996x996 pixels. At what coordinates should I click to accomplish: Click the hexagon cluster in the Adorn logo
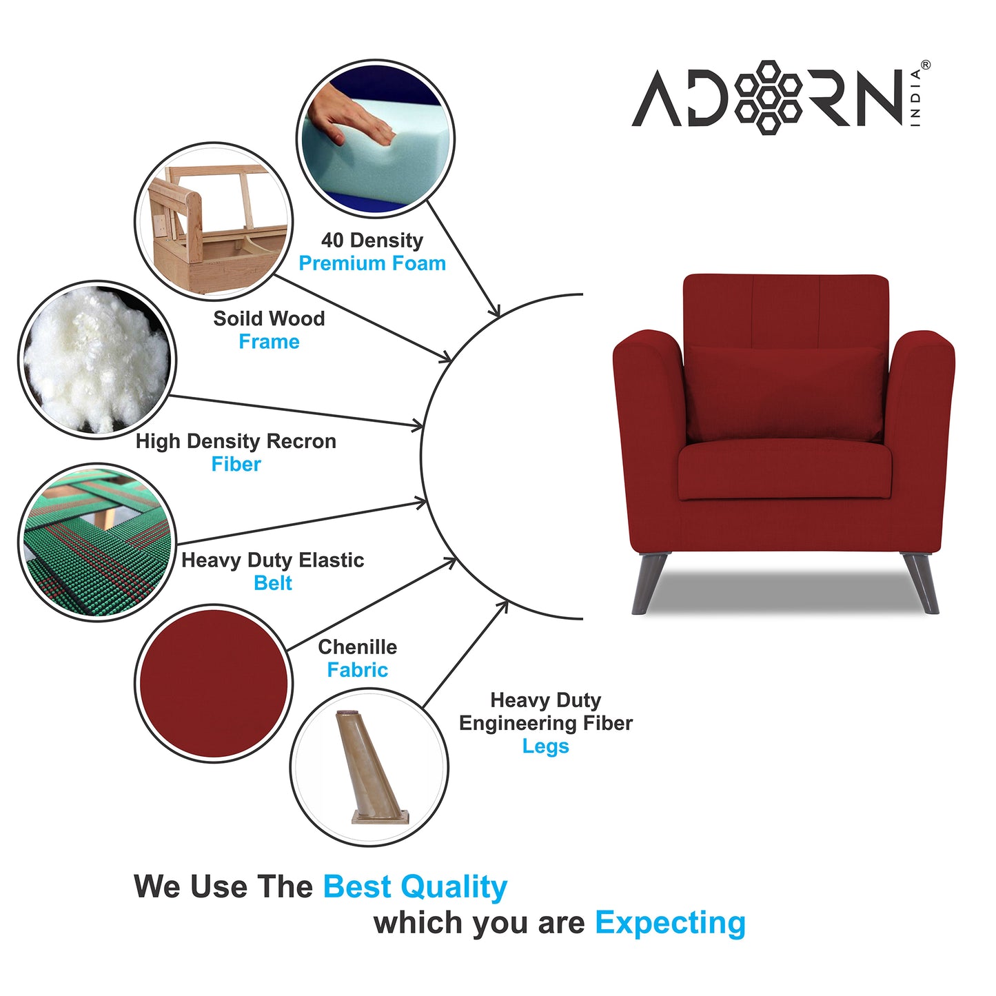coord(767,96)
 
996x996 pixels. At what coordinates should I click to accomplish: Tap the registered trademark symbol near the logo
coord(925,65)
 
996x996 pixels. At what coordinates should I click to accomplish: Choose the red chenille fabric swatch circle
coord(214,683)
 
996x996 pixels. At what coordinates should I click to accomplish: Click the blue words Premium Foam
coord(372,263)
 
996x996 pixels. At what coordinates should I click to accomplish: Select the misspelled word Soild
coord(234,318)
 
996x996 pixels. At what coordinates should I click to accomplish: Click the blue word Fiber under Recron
coord(236,465)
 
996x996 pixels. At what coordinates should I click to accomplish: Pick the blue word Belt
coord(273,583)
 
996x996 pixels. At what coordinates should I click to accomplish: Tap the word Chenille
coord(357,647)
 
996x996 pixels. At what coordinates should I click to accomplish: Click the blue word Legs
coord(545,746)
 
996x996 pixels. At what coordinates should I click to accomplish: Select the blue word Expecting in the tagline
coord(670,922)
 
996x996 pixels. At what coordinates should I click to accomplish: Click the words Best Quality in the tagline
coord(415,886)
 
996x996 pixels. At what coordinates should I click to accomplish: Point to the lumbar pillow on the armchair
coord(784,393)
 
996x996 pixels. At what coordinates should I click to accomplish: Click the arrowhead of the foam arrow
coord(495,312)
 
